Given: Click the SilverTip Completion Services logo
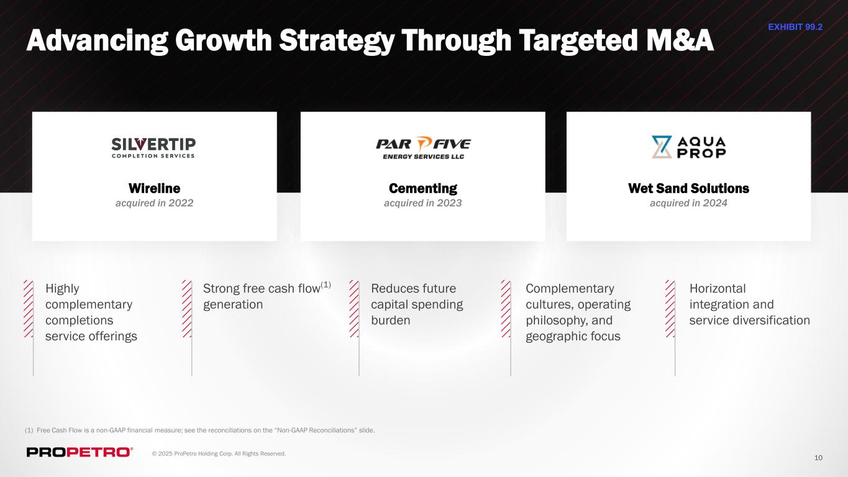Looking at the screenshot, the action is pos(153,148).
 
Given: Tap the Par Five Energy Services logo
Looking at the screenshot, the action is pos(423,148).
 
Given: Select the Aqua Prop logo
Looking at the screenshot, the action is pos(688,147).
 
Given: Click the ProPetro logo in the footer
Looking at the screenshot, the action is pos(80,452).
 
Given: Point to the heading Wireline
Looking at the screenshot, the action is pos(155,188).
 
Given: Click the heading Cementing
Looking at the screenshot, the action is pos(423,188).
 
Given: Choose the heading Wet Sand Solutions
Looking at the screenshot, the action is pos(688,188).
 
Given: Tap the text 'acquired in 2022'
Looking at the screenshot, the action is pos(155,203).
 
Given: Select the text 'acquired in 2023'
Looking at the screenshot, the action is pos(423,203).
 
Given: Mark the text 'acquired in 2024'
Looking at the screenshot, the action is pos(688,203).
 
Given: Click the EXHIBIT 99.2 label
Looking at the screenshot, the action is pos(795,27).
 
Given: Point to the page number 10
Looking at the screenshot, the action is pos(818,458).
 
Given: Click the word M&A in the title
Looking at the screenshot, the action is pos(680,40).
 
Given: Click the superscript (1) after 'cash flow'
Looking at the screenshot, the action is pos(326,284).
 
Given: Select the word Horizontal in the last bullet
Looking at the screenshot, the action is pos(718,288).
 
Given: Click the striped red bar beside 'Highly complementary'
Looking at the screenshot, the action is pos(29,309).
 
